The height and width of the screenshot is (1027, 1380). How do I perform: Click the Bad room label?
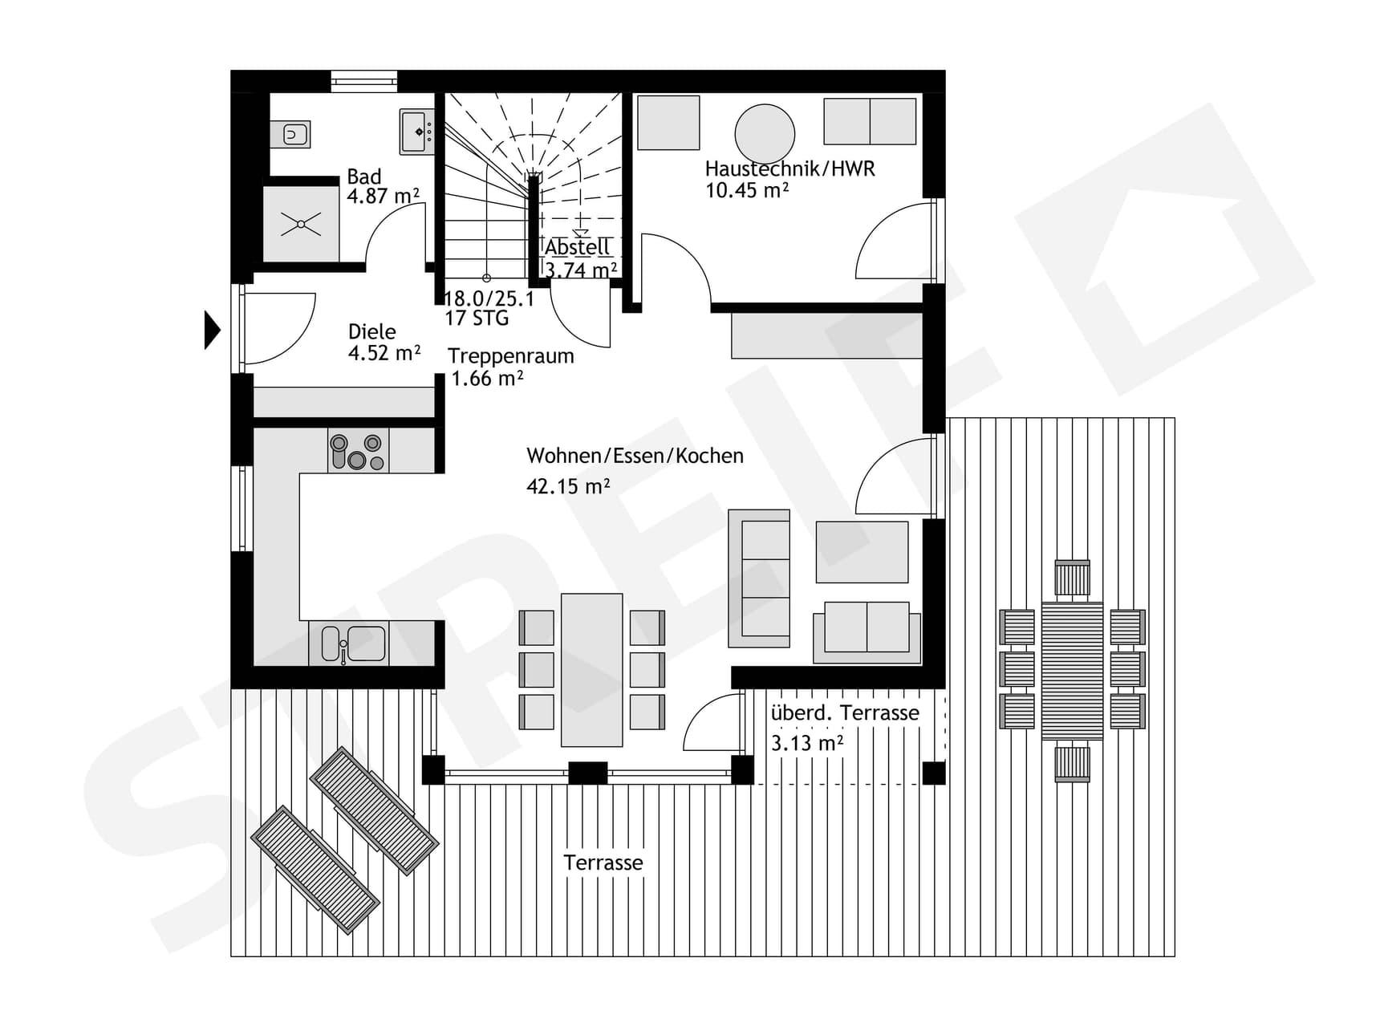(363, 177)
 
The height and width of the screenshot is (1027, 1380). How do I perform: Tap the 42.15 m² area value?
(568, 486)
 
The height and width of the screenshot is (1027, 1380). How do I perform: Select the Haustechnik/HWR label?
(789, 168)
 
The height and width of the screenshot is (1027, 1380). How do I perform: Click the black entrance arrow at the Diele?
(212, 330)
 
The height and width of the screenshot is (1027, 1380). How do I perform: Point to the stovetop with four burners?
(358, 451)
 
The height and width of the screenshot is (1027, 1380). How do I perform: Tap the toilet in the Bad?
(290, 134)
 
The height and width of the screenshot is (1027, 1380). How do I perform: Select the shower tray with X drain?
(301, 224)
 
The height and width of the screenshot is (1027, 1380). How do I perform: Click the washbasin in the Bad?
(416, 132)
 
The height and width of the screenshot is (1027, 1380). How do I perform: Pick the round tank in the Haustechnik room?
(765, 134)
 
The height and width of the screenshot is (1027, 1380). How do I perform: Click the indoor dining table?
(592, 670)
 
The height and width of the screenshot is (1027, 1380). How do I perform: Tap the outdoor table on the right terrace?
(1072, 671)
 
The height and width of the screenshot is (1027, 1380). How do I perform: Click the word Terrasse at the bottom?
(603, 863)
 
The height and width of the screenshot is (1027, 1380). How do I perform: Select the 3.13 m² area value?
(806, 743)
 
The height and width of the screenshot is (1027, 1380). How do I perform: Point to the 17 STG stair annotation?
(477, 319)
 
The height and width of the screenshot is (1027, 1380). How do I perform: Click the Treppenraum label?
(510, 356)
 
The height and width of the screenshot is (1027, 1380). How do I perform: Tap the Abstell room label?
(577, 247)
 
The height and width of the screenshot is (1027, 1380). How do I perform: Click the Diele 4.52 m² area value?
(384, 353)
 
